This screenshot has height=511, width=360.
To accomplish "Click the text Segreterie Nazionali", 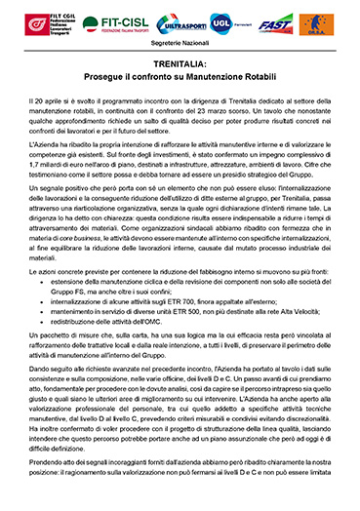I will click(180, 42).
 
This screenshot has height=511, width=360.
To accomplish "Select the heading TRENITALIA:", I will click(180, 62).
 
